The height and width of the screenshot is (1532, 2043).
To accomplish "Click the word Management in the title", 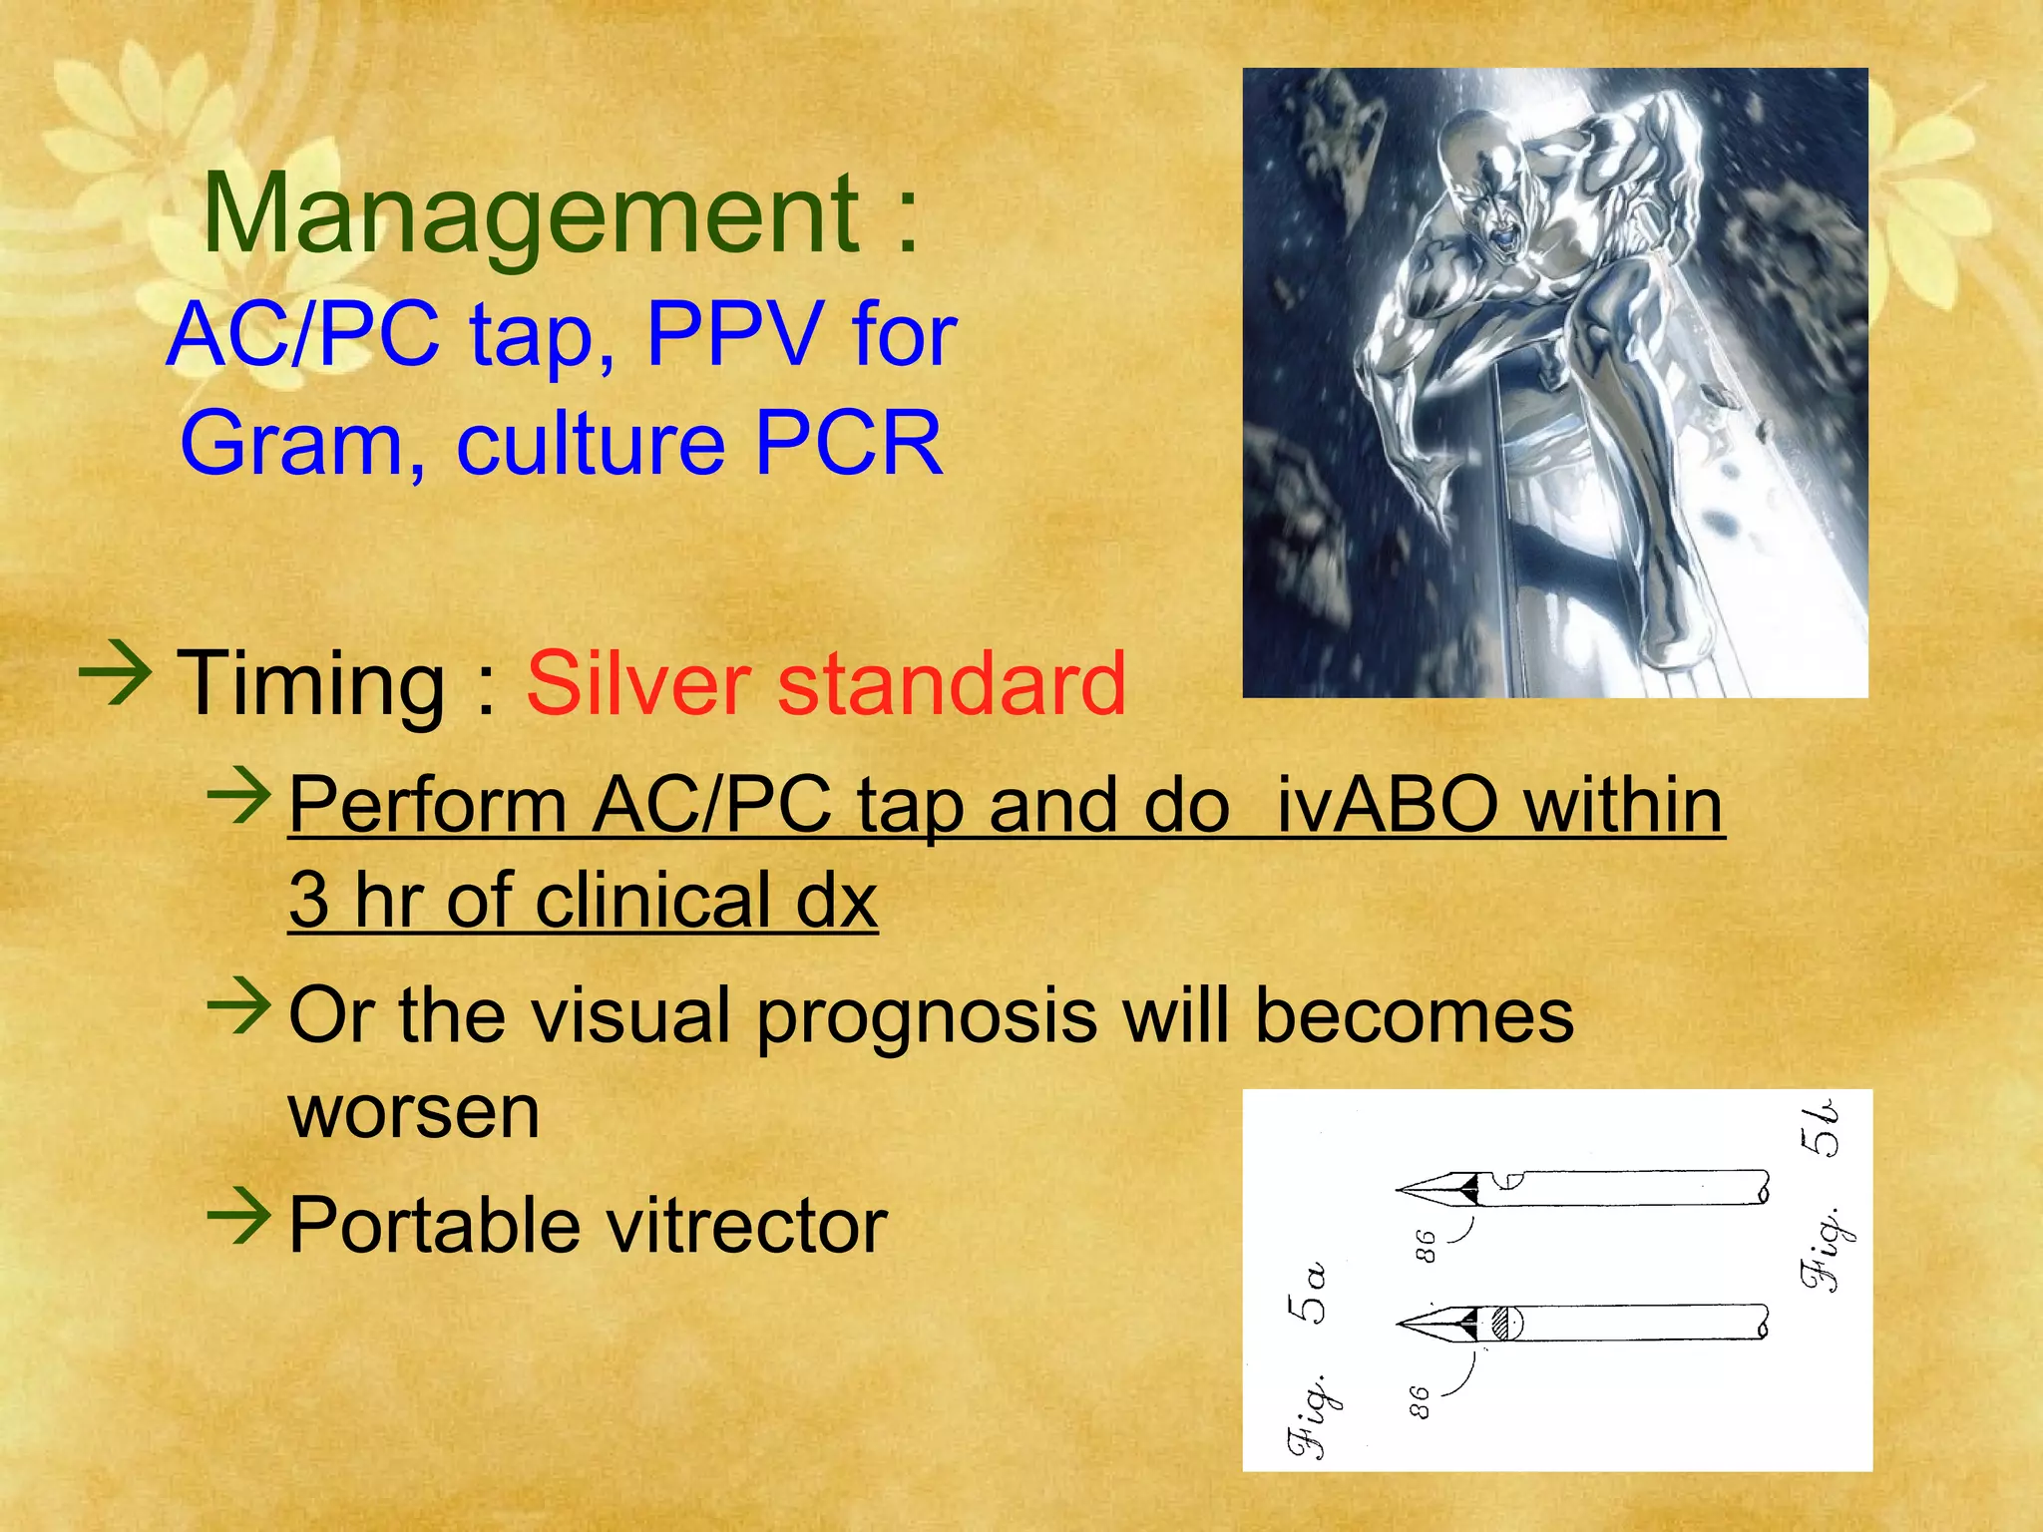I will pyautogui.click(x=530, y=215).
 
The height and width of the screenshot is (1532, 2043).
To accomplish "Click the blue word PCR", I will pyautogui.click(x=848, y=443).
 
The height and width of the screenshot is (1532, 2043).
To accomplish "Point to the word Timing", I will pyautogui.click(x=310, y=684).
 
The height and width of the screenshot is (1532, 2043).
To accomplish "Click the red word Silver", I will pyautogui.click(x=638, y=684).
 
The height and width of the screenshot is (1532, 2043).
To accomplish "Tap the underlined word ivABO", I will pyautogui.click(x=1387, y=805).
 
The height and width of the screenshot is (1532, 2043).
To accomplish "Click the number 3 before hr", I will pyautogui.click(x=308, y=900).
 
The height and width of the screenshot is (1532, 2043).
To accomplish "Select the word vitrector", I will pyautogui.click(x=737, y=1225).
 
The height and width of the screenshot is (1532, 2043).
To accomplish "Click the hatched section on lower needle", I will pyautogui.click(x=1503, y=1324).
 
